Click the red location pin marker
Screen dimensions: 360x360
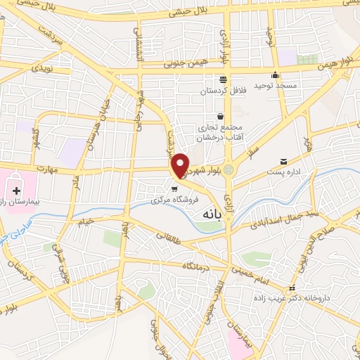coord(181,165)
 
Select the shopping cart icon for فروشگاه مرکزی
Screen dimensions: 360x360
coord(174,188)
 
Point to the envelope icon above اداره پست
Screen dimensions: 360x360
coord(283,161)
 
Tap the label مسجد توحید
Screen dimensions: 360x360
coord(272,85)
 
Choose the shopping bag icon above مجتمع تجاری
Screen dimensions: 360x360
coord(220,116)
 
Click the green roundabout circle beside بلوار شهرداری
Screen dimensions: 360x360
coord(228,169)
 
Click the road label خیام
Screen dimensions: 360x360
coord(85,222)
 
